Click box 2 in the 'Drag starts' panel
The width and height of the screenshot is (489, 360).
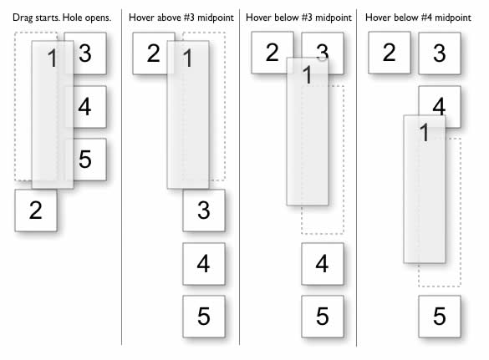[x=36, y=210]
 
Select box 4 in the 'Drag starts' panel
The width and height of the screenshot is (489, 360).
[x=85, y=107]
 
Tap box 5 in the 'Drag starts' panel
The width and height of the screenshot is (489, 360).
[x=85, y=160]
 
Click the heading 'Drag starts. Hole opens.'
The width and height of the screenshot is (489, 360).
[x=62, y=18]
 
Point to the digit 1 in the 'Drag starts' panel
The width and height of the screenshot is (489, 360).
[x=52, y=58]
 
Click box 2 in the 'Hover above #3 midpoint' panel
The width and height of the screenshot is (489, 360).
[x=154, y=53]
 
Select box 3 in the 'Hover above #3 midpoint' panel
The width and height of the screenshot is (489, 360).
[x=204, y=210]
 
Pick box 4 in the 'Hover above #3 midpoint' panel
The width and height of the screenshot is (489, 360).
[x=204, y=264]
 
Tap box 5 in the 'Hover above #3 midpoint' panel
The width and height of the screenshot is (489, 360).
[x=204, y=317]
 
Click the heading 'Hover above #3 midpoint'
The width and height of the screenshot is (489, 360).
[x=181, y=18]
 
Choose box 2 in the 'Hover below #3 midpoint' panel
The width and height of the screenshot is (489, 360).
[x=273, y=53]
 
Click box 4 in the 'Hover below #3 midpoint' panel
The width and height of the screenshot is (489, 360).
[x=323, y=264]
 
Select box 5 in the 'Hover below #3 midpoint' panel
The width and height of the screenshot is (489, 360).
[x=323, y=317]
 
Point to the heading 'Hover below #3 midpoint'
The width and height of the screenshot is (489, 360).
[x=298, y=18]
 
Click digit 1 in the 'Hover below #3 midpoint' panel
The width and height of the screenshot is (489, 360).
[x=308, y=75]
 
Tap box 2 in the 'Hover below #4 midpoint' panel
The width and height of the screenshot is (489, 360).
[x=390, y=53]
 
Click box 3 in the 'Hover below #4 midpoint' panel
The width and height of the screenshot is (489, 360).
[x=440, y=53]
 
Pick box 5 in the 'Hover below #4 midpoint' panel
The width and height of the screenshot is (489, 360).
[x=440, y=317]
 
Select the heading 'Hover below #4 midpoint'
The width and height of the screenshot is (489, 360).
[x=418, y=18]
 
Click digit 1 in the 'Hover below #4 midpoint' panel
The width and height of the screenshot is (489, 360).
[x=425, y=133]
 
